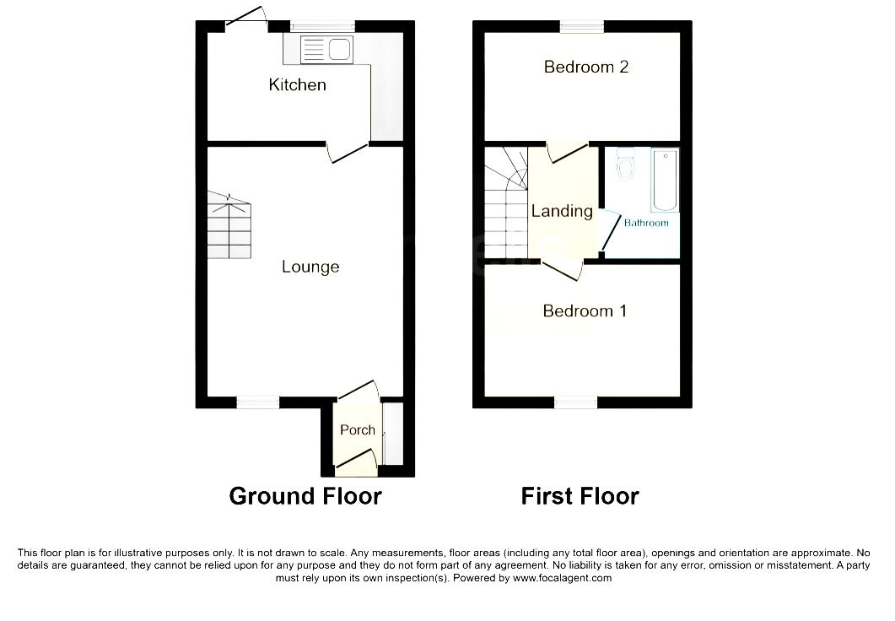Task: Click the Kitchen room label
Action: tap(298, 85)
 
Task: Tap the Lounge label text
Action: tap(310, 267)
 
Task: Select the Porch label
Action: tap(358, 429)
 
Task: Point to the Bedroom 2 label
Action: tap(586, 67)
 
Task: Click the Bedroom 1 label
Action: tap(585, 310)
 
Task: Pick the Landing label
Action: tap(563, 211)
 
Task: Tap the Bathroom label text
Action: tap(646, 223)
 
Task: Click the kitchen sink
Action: tap(326, 49)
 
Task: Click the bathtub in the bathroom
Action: tap(665, 180)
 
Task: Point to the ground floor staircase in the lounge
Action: tap(229, 225)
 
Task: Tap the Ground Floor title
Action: tap(305, 496)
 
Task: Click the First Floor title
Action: tap(580, 496)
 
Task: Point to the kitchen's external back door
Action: tap(246, 16)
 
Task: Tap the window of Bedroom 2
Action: tap(582, 27)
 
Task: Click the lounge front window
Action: tap(258, 402)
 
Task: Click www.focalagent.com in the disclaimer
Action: tap(563, 578)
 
